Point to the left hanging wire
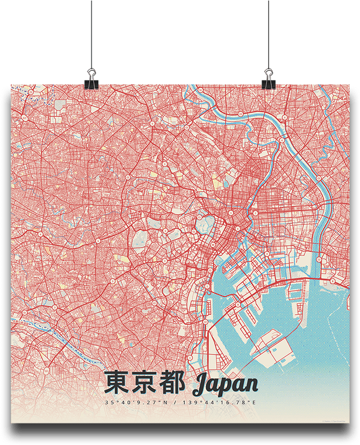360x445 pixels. (91, 32)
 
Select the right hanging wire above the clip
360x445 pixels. (269, 32)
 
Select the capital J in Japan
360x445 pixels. (200, 384)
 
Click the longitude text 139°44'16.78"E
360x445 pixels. (216, 403)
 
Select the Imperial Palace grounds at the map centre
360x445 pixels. (203, 223)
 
